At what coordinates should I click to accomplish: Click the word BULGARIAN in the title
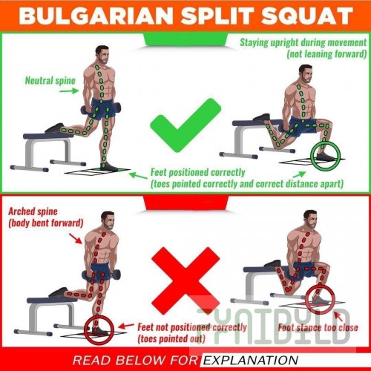[x=96, y=16]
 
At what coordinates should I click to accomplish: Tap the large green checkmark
[x=185, y=125]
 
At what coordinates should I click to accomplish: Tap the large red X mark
[x=185, y=280]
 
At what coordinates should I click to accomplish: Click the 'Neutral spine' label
[x=50, y=81]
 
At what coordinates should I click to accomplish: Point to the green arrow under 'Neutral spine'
[x=68, y=91]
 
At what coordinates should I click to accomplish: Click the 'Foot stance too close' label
[x=318, y=328]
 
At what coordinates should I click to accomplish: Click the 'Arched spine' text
[x=33, y=211]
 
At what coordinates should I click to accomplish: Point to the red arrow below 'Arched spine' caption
[x=76, y=239]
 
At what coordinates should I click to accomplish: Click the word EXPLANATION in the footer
[x=251, y=361]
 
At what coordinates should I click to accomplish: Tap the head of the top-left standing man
[x=102, y=55]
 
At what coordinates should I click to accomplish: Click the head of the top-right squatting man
[x=306, y=74]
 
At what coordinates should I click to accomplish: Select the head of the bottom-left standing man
[x=108, y=221]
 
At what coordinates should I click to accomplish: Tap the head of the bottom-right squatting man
[x=311, y=220]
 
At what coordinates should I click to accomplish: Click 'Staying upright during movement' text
[x=303, y=42]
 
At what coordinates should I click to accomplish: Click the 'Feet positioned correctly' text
[x=198, y=172]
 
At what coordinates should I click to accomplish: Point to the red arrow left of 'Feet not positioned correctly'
[x=126, y=326]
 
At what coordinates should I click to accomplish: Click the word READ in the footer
[x=91, y=361]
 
